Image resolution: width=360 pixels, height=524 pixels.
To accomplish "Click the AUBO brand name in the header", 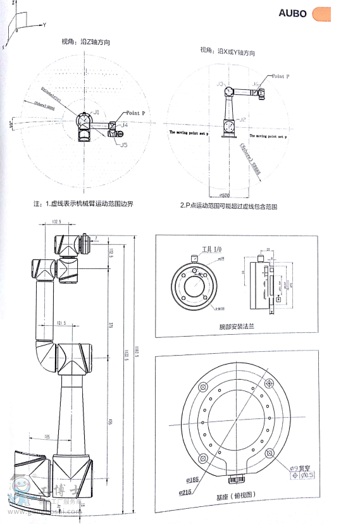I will coord(292,13).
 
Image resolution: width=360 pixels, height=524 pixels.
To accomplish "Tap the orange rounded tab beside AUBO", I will coord(322,13).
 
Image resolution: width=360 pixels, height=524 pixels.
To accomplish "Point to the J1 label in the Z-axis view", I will coord(96,111).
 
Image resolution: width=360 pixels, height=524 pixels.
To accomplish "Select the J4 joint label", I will coord(125,125).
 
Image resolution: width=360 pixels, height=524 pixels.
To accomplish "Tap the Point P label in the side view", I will coord(281,75).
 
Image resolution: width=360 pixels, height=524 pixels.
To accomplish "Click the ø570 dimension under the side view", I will coord(223,194).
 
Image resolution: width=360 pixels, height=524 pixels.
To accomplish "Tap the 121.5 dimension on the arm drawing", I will coord(62,324).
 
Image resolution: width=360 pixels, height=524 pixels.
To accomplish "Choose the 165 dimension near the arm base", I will coord(47,437).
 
